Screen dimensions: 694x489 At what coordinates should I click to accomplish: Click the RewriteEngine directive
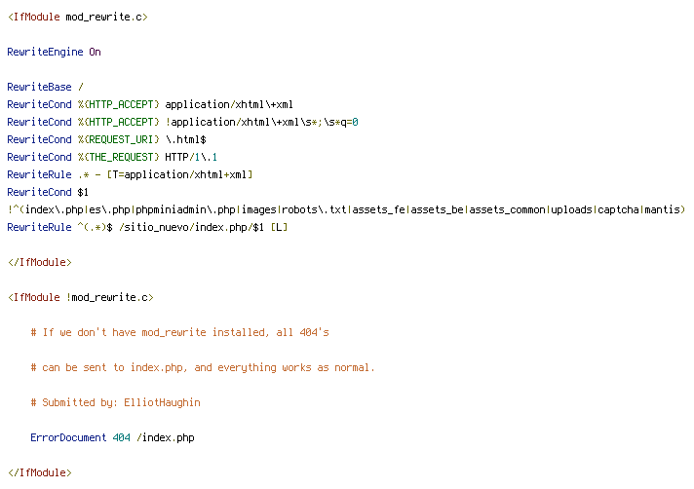pyautogui.click(x=45, y=53)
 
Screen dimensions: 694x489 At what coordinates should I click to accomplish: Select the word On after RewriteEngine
pyautogui.click(x=95, y=53)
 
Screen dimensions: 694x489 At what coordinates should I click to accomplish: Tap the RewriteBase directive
pyautogui.click(x=39, y=87)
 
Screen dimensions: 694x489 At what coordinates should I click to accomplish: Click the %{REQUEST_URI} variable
pyautogui.click(x=118, y=139)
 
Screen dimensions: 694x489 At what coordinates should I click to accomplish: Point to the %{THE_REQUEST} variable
pyautogui.click(x=118, y=157)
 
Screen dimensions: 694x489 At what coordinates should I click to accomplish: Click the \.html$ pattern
pyautogui.click(x=186, y=139)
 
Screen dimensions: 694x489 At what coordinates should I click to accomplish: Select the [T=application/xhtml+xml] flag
pyautogui.click(x=179, y=174)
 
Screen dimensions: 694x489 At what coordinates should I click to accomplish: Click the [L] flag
pyautogui.click(x=279, y=227)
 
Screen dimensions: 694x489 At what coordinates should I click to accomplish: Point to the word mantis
pyautogui.click(x=662, y=209)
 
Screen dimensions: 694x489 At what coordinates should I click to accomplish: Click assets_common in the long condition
pyautogui.click(x=507, y=209)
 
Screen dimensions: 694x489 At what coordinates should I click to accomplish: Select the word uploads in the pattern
pyautogui.click(x=571, y=209)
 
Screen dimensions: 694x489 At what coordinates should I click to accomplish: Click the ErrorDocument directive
pyautogui.click(x=68, y=437)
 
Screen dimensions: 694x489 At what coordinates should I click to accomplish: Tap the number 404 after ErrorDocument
pyautogui.click(x=121, y=437)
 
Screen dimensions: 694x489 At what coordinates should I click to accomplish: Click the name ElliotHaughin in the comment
pyautogui.click(x=162, y=402)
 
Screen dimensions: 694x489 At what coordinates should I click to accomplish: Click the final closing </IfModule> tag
pyautogui.click(x=39, y=472)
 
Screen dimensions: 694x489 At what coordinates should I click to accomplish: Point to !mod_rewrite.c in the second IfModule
pyautogui.click(x=110, y=297)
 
